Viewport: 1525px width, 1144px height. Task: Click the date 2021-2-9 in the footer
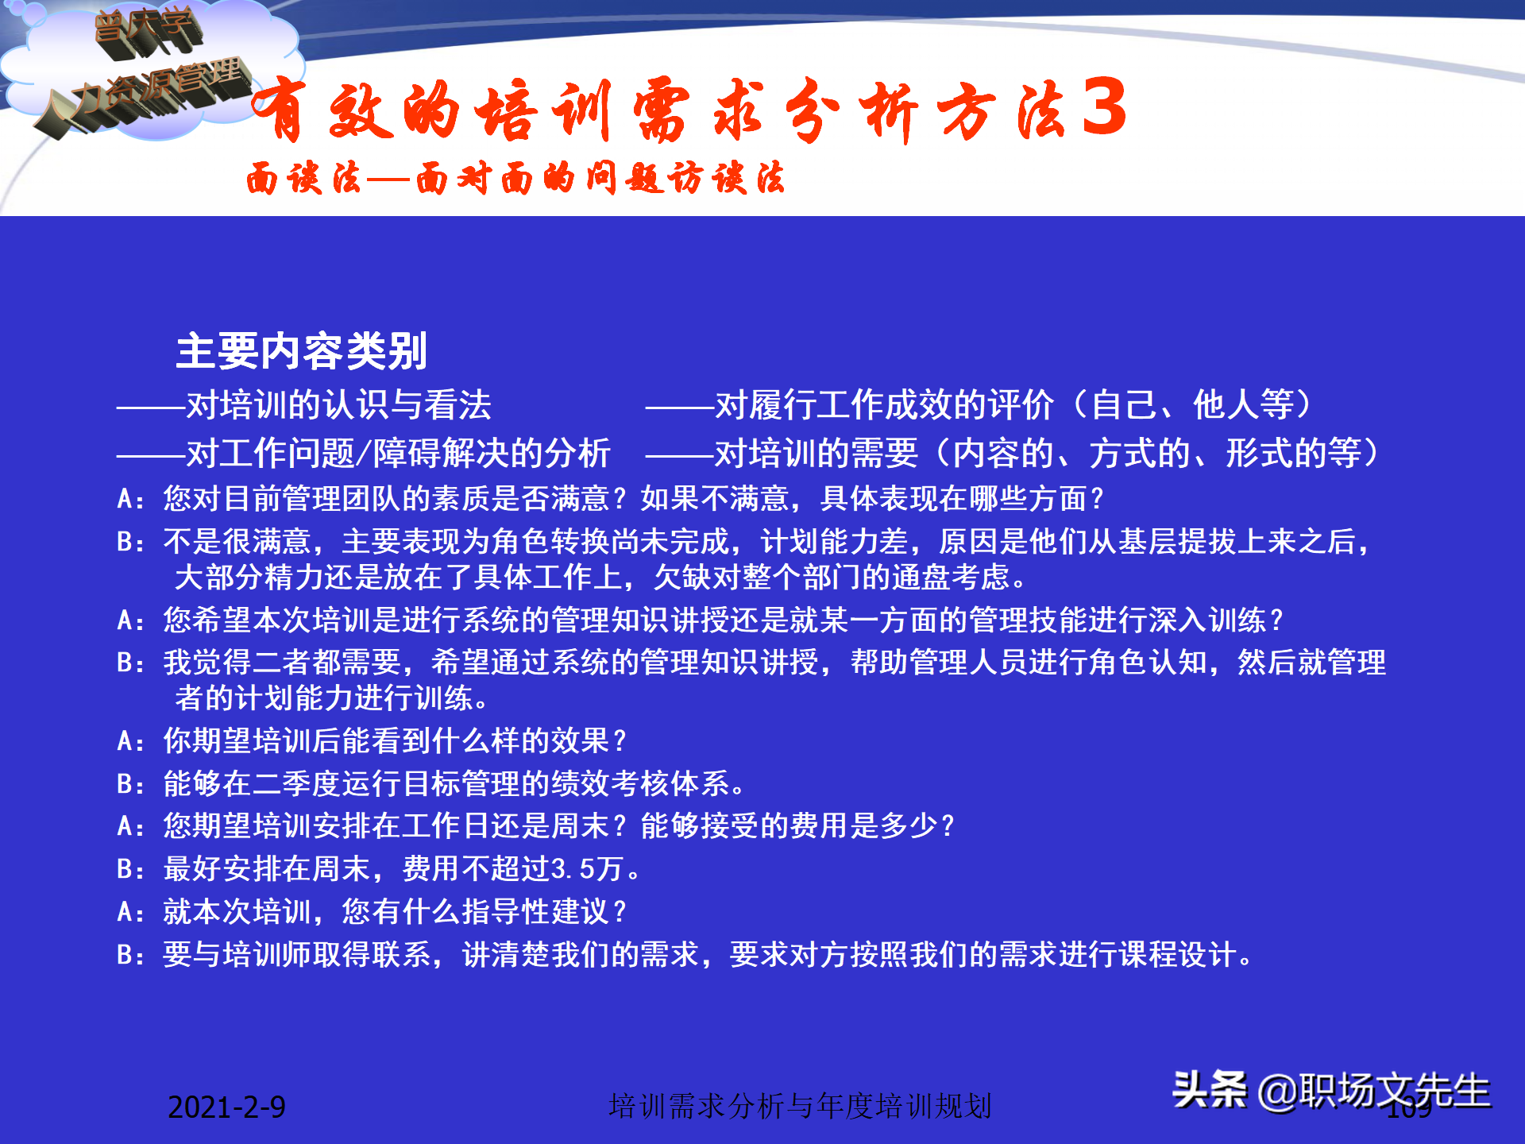coord(226,1107)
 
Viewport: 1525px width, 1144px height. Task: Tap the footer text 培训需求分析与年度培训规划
coord(800,1106)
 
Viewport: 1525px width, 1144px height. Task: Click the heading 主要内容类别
coord(301,351)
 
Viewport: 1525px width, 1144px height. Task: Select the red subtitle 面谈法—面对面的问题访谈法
coord(515,177)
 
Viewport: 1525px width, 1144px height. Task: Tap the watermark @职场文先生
coord(1374,1091)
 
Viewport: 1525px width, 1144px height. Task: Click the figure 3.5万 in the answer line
coord(586,869)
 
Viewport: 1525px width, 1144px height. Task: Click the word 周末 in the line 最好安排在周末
coord(342,869)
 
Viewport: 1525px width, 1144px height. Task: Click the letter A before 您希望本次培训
coord(125,620)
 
